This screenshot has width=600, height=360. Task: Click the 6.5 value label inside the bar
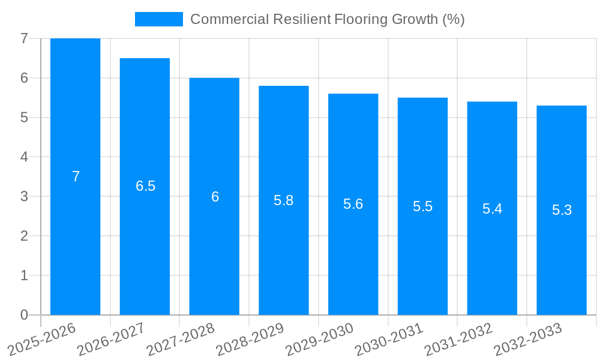pos(145,186)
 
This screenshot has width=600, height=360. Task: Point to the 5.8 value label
pos(283,200)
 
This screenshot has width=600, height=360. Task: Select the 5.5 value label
pos(422,206)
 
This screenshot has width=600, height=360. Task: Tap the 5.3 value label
pos(562,210)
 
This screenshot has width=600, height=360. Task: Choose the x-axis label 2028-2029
pos(250,339)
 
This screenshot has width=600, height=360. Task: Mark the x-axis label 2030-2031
pos(389,339)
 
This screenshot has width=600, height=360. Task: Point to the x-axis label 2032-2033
pos(528,339)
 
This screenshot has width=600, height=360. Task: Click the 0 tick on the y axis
pos(24,315)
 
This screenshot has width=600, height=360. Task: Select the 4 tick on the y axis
pos(24,157)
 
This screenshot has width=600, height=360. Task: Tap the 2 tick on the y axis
pos(24,236)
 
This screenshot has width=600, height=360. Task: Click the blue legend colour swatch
pos(158,19)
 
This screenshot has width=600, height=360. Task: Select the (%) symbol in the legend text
pos(454,19)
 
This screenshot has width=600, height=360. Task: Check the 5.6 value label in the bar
pos(353,204)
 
